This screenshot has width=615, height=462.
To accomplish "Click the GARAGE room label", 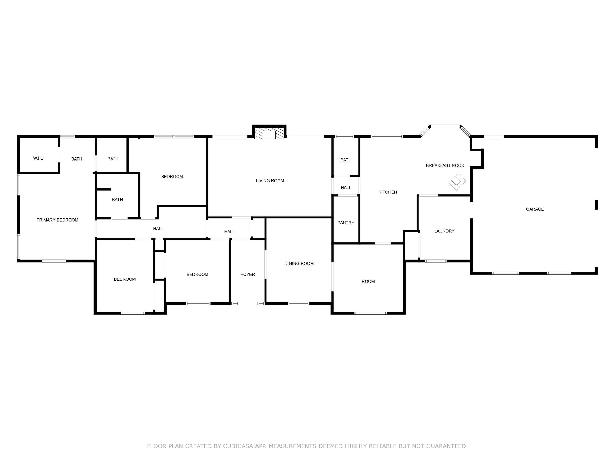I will (535, 209).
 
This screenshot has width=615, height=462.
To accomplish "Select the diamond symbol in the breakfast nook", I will (457, 182).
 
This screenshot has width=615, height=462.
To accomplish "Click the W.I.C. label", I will (39, 158).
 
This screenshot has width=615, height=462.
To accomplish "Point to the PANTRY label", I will (346, 223).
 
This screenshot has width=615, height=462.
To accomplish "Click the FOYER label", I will (247, 274).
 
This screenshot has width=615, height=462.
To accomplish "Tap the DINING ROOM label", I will (299, 263).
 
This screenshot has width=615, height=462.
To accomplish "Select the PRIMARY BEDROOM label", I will (57, 220).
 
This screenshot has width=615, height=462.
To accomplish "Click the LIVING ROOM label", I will (270, 181).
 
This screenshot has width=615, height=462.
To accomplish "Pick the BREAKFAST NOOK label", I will (445, 165).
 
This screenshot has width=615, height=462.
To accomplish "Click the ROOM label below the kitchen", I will (368, 282).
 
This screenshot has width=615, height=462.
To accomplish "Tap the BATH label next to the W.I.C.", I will (76, 159).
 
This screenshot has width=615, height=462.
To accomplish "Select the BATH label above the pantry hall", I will (346, 160).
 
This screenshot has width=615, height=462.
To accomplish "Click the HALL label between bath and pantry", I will (346, 188).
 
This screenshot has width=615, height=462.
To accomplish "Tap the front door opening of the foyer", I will (247, 303).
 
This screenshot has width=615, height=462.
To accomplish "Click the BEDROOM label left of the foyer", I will (197, 274).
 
